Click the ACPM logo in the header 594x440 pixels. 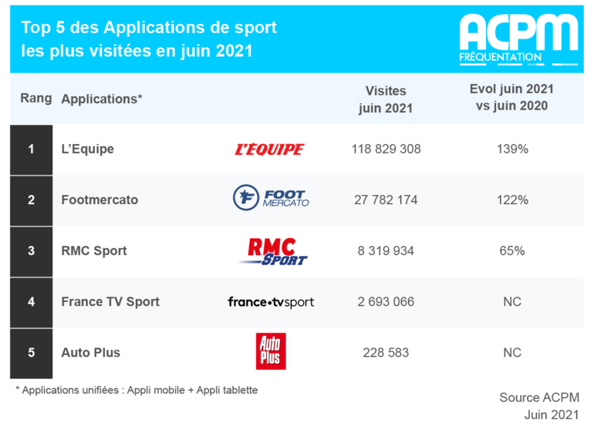(x=518, y=39)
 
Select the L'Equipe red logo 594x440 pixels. (x=269, y=149)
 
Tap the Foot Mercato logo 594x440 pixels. (x=271, y=197)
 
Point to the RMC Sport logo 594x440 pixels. (x=273, y=251)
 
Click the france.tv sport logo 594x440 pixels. (x=271, y=302)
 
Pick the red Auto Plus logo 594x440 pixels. (x=271, y=351)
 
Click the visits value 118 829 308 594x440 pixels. (x=386, y=149)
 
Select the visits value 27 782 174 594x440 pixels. (x=386, y=200)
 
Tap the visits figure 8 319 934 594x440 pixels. (x=386, y=251)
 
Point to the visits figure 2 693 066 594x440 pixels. (x=386, y=301)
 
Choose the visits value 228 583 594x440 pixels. (x=386, y=353)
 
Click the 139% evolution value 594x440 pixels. (x=512, y=149)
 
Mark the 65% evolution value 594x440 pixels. (x=512, y=251)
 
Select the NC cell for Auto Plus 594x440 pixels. (x=512, y=353)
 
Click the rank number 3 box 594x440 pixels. (x=32, y=251)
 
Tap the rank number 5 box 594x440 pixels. (x=32, y=354)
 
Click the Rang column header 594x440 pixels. (x=36, y=98)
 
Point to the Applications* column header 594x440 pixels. (x=102, y=99)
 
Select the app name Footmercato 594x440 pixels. (x=100, y=200)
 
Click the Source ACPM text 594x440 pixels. (x=539, y=398)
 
